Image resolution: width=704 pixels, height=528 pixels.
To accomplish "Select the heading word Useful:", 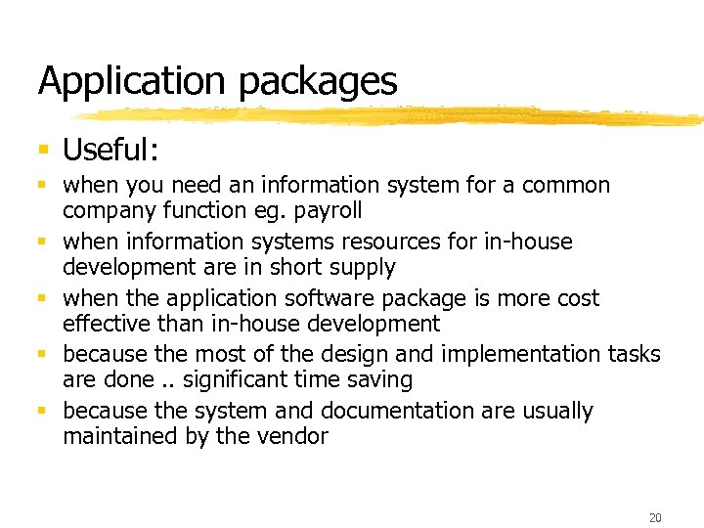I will click(110, 150).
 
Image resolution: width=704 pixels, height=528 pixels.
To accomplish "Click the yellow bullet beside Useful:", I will click(43, 150).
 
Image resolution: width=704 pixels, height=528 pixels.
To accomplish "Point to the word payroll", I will click(329, 211).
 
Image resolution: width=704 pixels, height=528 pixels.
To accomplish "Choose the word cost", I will click(576, 298).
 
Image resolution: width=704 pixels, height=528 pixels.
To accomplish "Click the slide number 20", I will click(654, 517).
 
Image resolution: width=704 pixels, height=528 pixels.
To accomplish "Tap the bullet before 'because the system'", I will click(43, 411).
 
